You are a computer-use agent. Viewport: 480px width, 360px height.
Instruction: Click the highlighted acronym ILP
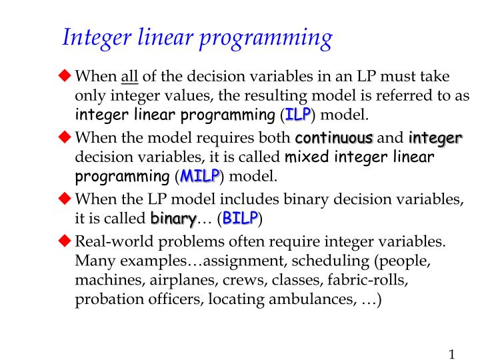click(297, 114)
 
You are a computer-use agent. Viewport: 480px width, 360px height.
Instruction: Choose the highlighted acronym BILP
click(240, 218)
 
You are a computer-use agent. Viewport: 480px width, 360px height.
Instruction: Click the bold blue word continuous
click(333, 138)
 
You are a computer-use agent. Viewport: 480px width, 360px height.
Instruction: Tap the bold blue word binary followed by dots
click(173, 218)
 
